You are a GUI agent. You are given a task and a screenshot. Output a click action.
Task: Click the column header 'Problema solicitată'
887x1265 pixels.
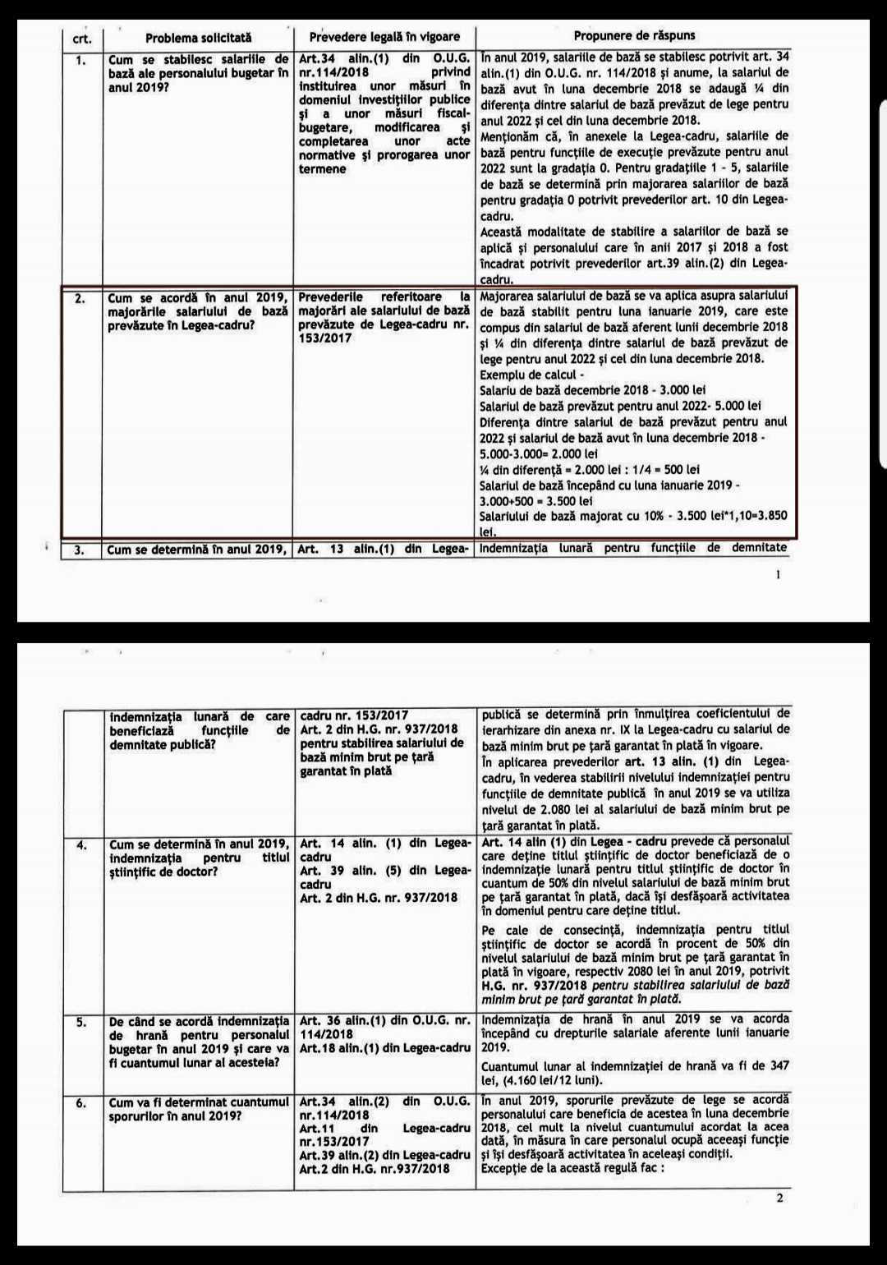pos(198,38)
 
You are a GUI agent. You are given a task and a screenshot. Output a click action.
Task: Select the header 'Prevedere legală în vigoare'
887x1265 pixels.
pos(384,38)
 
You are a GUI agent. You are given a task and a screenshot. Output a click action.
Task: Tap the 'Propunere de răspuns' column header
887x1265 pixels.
pos(634,36)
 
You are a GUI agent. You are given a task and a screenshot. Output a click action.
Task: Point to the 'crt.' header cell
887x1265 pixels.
pos(83,39)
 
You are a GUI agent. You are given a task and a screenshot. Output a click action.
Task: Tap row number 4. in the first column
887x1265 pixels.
pos(81,843)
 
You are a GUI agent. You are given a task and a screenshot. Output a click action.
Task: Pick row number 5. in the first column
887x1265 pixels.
pos(81,1022)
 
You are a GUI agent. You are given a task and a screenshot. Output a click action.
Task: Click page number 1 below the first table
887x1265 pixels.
pos(778,575)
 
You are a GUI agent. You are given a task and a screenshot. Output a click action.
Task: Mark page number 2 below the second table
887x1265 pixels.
pos(779,1198)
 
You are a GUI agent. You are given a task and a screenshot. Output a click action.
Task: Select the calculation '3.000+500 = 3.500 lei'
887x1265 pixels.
pos(535,501)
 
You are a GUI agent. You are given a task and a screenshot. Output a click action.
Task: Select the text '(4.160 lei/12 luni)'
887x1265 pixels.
pos(549,1080)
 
